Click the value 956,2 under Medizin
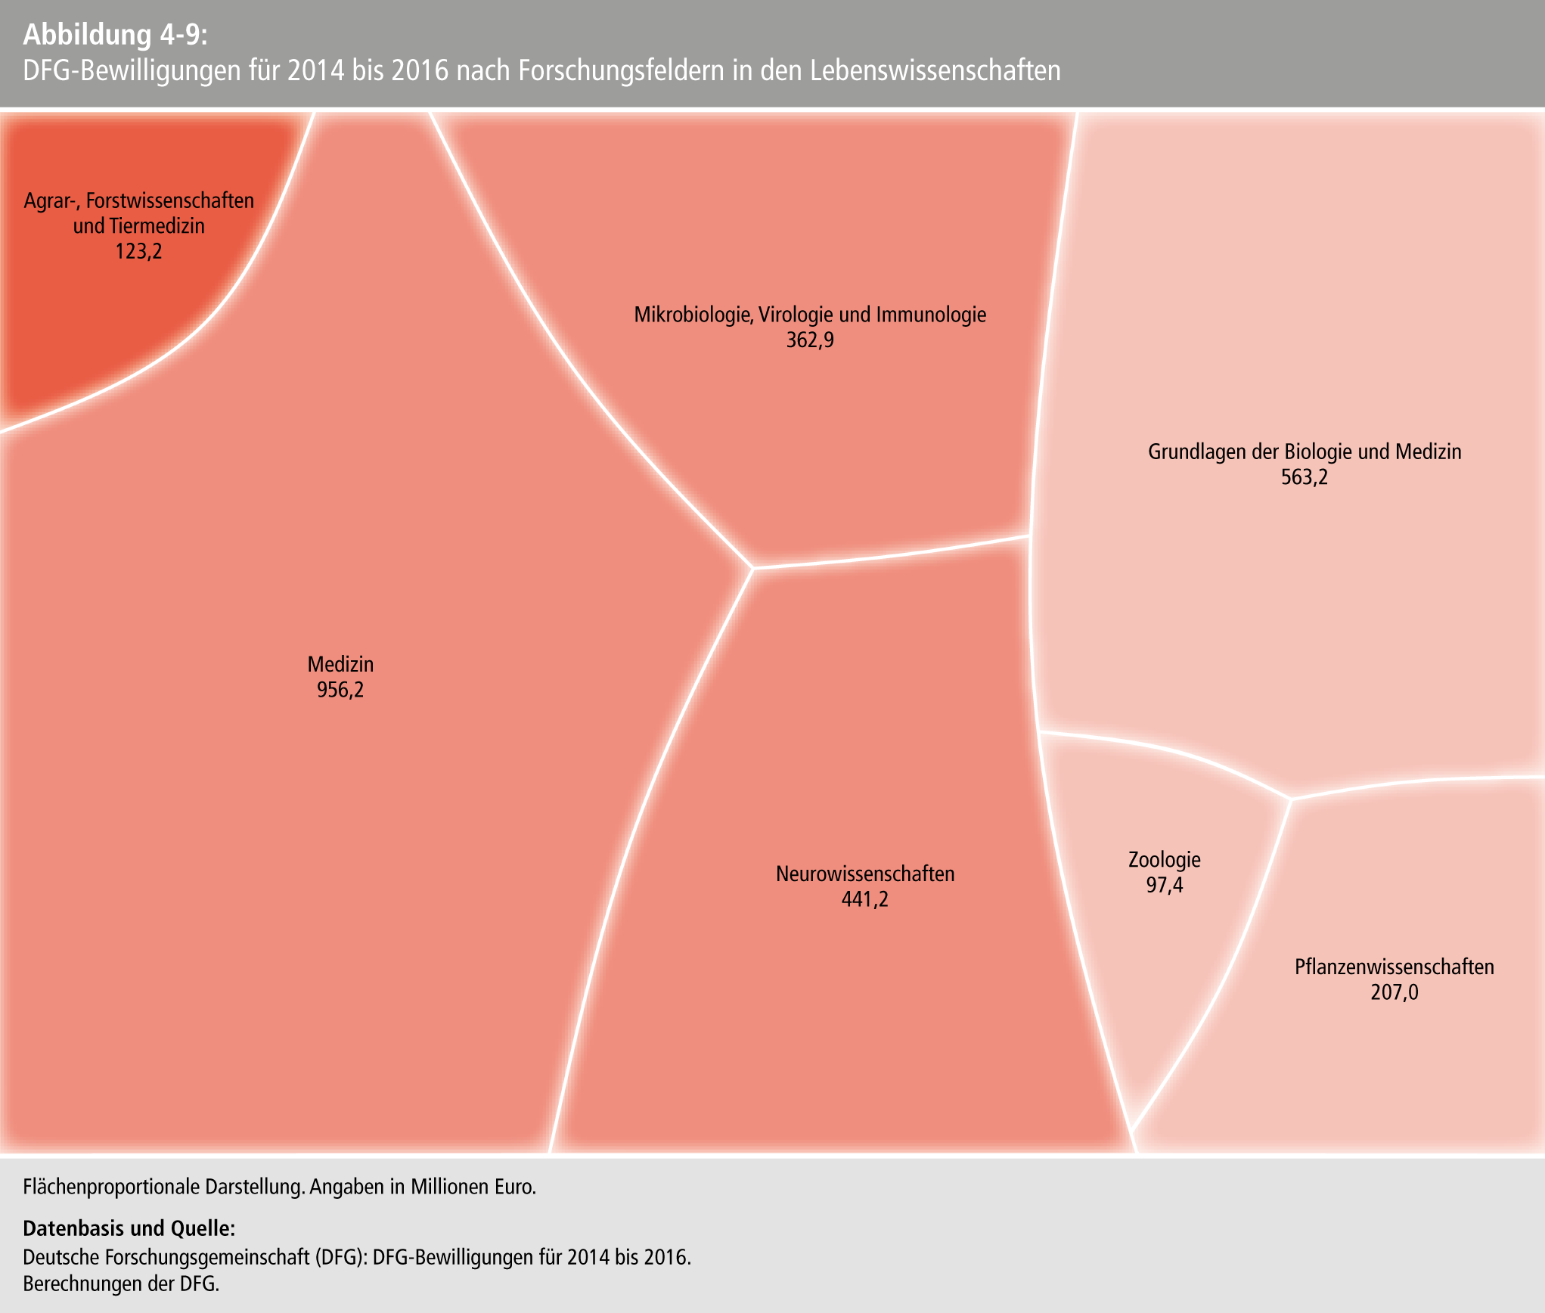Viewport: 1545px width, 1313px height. (340, 690)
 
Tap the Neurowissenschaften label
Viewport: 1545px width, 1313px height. (865, 874)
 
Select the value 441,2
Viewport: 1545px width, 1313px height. (865, 899)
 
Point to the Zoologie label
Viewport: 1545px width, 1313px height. (1164, 860)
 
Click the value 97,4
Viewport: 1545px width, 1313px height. (1164, 885)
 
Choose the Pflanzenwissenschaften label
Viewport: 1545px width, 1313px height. (1394, 967)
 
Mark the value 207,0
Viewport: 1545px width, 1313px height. (1394, 992)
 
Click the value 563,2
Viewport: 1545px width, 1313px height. (1304, 477)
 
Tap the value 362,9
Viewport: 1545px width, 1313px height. (810, 340)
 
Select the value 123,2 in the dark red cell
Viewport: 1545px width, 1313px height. (138, 251)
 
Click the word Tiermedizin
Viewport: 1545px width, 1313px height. (157, 226)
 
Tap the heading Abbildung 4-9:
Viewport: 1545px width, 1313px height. (114, 35)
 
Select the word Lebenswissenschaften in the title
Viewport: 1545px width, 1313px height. (935, 70)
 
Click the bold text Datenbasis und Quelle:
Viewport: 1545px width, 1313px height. (129, 1228)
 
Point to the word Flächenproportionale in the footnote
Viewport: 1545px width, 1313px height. (113, 1187)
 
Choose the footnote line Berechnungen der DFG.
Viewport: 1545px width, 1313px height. (121, 1284)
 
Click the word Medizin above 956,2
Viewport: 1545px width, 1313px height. (340, 665)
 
